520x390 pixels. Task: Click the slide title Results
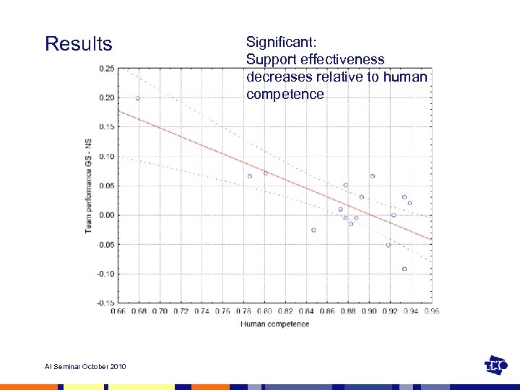[79, 44]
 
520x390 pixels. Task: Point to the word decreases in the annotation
[278, 77]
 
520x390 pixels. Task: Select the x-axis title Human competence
[274, 324]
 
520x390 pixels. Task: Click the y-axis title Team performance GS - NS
[88, 184]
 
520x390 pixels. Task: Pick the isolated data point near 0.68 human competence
[138, 98]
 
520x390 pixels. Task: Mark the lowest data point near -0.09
[404, 269]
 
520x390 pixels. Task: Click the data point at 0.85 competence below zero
[313, 230]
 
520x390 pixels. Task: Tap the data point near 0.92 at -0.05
[389, 245]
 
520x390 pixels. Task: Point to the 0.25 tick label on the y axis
[105, 69]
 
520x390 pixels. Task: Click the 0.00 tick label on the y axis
[105, 215]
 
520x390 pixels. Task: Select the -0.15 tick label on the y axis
[105, 303]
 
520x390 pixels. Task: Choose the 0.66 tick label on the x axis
[118, 311]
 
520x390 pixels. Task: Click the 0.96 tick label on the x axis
[432, 311]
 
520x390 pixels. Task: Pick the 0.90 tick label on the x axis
[369, 311]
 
